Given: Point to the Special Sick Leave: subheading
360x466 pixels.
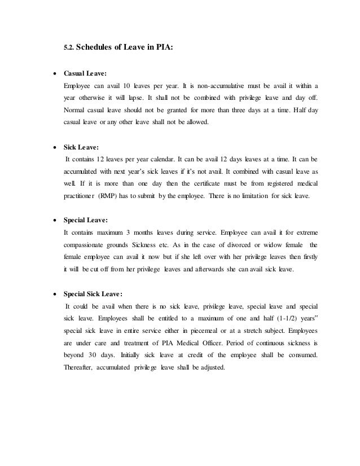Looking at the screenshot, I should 93,294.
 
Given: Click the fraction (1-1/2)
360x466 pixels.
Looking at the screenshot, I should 274,318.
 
